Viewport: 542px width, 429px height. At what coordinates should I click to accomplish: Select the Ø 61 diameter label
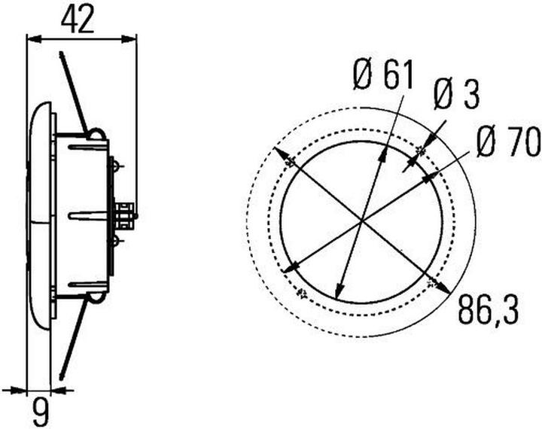tap(382, 76)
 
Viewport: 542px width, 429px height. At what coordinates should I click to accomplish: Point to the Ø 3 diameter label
tap(456, 97)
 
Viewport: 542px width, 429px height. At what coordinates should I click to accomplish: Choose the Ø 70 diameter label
tap(508, 142)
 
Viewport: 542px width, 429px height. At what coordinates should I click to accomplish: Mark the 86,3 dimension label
tap(489, 310)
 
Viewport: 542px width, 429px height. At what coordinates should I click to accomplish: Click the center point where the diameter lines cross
tap(362, 221)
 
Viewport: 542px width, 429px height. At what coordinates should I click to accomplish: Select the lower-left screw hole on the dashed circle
tap(303, 291)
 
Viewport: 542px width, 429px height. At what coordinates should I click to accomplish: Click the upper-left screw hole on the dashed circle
tap(283, 154)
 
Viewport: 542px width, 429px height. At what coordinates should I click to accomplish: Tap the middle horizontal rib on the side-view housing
tap(87, 215)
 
